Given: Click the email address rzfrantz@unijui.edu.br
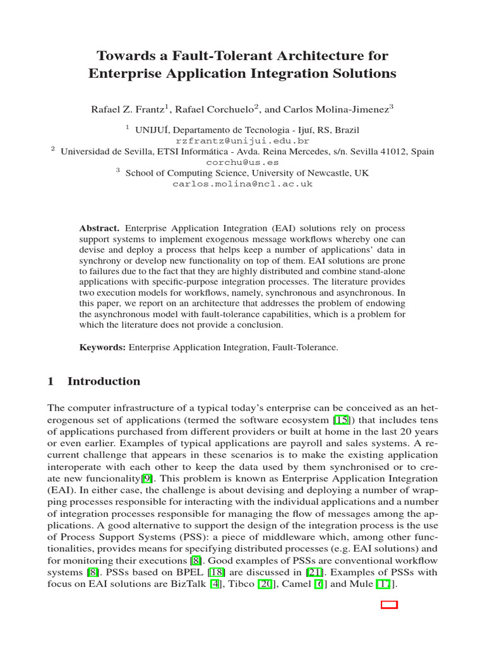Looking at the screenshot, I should (242, 141).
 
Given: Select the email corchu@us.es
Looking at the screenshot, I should (242, 162).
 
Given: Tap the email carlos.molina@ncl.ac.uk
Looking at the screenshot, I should (242, 184).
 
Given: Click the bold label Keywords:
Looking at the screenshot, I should (103, 347).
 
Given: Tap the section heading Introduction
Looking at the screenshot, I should (104, 382).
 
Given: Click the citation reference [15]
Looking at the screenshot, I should (340, 420).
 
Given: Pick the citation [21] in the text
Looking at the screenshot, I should (314, 572).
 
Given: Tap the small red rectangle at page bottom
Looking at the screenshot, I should (390, 605).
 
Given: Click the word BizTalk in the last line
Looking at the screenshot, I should (189, 584).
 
